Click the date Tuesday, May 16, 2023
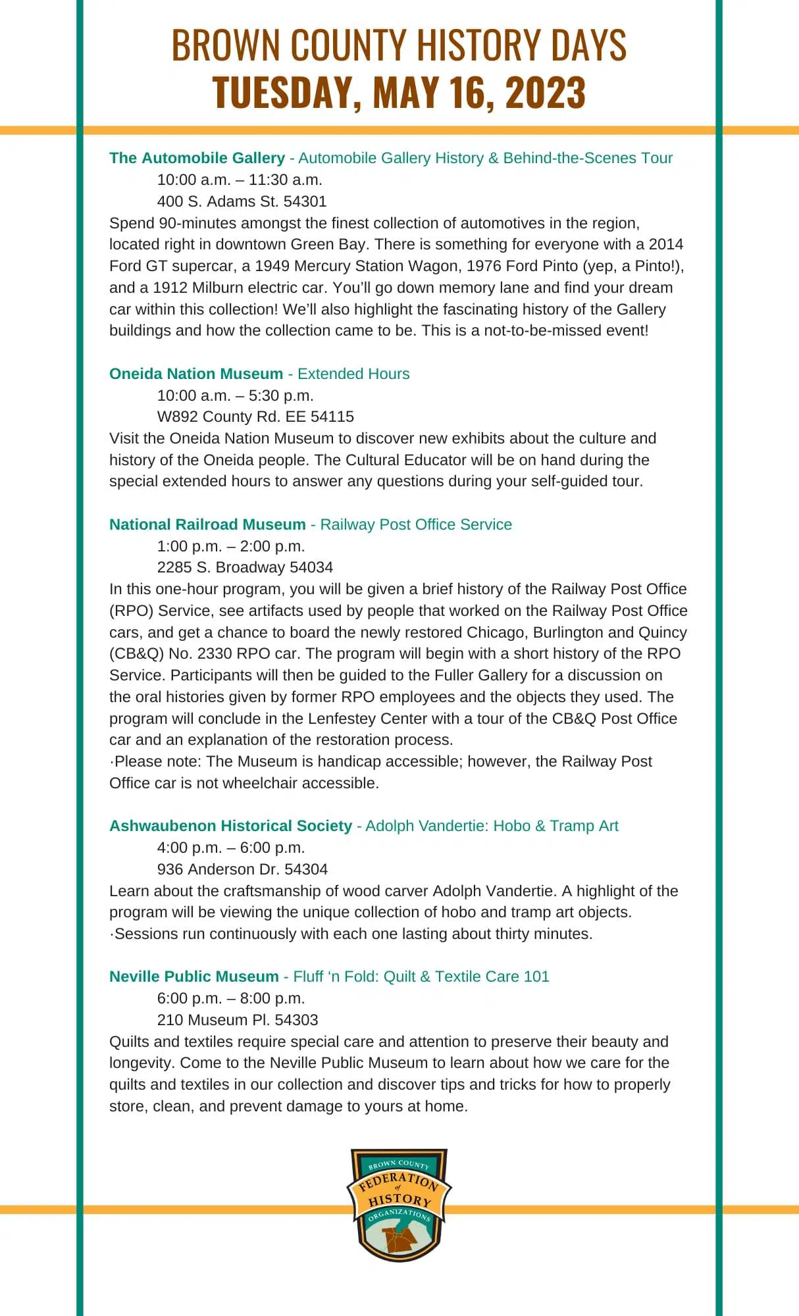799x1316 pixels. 399,92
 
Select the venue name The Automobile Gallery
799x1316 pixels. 197,158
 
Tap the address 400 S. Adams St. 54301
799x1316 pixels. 242,201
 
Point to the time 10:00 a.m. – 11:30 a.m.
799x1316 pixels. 240,180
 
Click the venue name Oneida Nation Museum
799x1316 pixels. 195,374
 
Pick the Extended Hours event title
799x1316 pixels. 353,374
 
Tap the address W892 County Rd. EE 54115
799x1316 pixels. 255,417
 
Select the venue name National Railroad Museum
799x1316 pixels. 207,524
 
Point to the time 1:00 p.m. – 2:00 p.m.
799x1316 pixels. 231,546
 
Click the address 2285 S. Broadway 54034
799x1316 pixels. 245,567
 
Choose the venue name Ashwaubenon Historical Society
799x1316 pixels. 230,826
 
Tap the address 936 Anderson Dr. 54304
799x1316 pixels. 242,869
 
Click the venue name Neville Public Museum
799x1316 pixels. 194,976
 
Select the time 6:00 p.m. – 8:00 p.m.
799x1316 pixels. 231,998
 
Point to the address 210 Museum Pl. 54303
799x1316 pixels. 238,1020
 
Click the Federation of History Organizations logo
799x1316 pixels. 399,1204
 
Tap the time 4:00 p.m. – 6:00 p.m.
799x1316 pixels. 231,848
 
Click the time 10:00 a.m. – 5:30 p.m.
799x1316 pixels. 235,395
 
